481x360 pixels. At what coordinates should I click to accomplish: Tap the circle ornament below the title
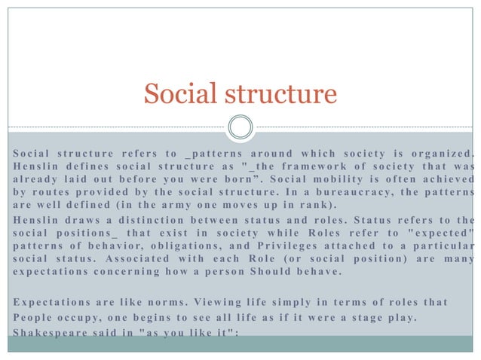click(x=240, y=126)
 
